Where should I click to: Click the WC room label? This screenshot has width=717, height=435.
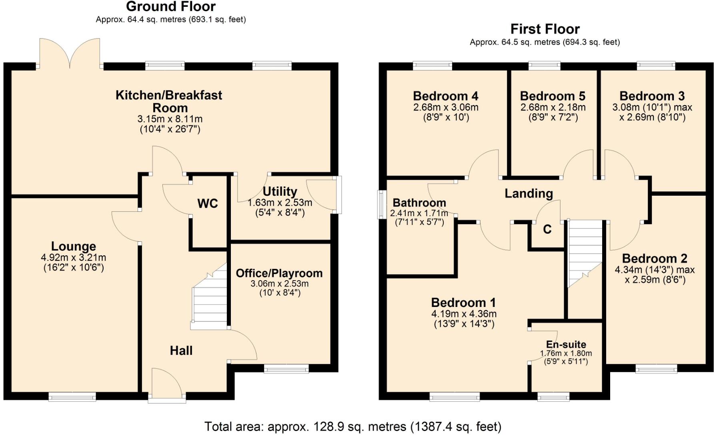pos(207,203)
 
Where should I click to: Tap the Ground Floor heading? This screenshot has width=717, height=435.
pos(171,6)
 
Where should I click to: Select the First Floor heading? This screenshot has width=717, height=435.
pos(545,29)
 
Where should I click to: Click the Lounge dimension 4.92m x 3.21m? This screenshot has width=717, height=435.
pos(74,258)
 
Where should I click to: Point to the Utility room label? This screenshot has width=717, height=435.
pos(280,191)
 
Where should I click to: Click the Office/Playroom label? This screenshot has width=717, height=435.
pos(279,273)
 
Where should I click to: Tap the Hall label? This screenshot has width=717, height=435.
pos(181,351)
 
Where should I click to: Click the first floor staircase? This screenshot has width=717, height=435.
pos(585,252)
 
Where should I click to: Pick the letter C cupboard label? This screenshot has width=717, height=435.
pos(547,229)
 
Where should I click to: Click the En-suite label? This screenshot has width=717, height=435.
pos(566,345)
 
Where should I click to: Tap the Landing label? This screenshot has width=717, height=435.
pos(528,194)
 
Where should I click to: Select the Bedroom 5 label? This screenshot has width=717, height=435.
pos(552,96)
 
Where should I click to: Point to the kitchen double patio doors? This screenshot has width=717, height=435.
pos(70,54)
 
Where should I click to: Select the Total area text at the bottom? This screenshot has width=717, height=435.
pos(352,427)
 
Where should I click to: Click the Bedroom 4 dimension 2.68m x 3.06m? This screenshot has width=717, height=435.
pos(445,107)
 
